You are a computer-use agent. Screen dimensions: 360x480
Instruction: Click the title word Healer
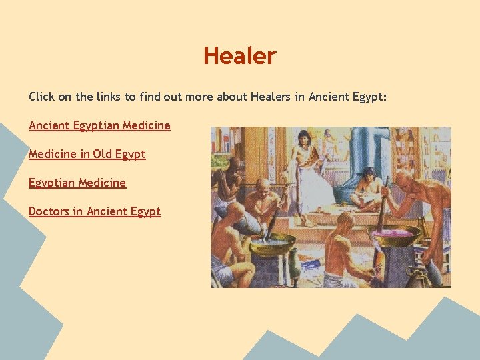coord(239,56)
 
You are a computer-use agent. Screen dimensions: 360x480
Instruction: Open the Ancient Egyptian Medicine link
coord(99,125)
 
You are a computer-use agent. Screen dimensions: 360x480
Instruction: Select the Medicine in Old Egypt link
coord(87,154)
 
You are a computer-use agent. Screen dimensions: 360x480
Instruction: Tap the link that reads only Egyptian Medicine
coord(77,183)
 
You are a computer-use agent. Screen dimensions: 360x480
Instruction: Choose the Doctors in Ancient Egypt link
coord(95,211)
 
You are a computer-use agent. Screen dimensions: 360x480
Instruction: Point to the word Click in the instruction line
coord(41,97)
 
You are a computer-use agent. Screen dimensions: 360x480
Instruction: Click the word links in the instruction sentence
coord(108,97)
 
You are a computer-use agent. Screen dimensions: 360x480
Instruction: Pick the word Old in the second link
coord(102,154)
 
